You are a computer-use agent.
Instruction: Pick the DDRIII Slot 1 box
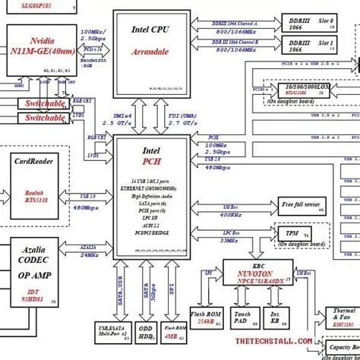[312, 46]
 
